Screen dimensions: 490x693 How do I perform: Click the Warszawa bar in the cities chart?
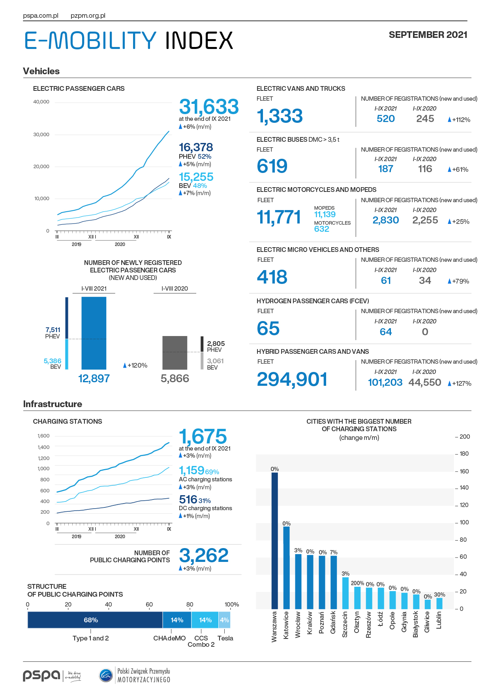[274, 541]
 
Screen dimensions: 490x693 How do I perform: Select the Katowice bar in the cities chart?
[286, 568]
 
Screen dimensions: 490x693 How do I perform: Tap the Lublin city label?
[439, 620]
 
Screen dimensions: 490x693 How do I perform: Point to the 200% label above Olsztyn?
[357, 583]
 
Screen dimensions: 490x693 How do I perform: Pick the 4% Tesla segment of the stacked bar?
[224, 620]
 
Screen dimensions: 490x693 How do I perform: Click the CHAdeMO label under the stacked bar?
[169, 638]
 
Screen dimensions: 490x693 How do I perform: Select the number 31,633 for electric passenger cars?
[209, 107]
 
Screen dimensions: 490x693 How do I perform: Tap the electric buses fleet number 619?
[272, 166]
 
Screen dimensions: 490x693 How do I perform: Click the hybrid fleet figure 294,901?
[292, 379]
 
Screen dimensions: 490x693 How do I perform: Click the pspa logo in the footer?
[41, 675]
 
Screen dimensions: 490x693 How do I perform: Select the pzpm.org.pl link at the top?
[88, 16]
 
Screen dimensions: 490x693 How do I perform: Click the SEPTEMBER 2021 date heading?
[428, 35]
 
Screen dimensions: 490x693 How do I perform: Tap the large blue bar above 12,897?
[94, 333]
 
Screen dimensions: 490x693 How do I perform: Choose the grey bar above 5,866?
[175, 353]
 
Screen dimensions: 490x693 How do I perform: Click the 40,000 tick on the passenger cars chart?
[41, 102]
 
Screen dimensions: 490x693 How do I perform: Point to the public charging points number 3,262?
[204, 556]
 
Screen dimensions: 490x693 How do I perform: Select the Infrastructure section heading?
[53, 404]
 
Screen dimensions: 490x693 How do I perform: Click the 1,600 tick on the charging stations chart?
[43, 436]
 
